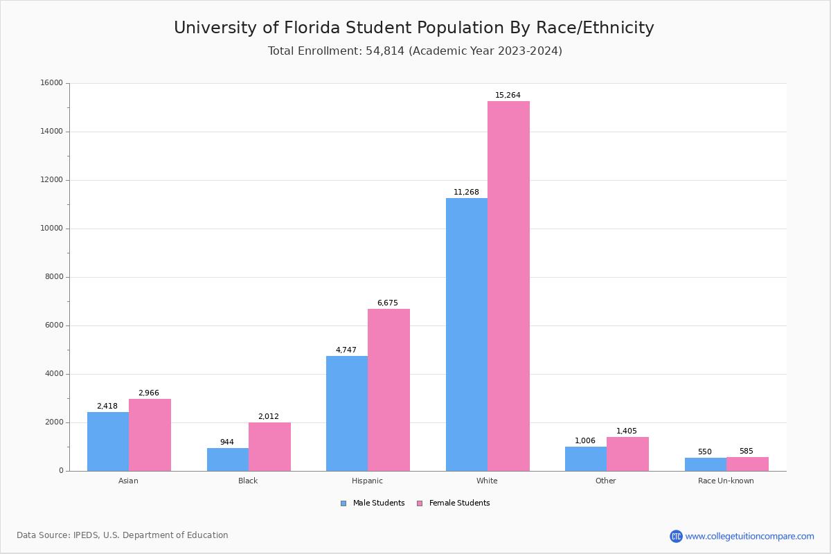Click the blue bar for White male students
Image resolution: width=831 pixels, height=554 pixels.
click(466, 334)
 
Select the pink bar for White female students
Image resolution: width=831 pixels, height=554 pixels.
click(508, 286)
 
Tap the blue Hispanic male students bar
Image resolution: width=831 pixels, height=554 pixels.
click(347, 413)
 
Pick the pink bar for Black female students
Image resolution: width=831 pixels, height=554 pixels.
click(269, 447)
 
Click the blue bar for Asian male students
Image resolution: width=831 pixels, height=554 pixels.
click(108, 441)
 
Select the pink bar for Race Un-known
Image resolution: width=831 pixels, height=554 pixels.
click(747, 464)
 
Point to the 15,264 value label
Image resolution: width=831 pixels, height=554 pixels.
click(508, 96)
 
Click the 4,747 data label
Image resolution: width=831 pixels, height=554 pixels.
click(346, 350)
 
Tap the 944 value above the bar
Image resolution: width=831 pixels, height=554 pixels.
click(227, 443)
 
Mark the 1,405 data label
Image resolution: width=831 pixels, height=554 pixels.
click(627, 431)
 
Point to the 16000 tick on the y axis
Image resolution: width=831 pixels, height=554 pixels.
click(52, 83)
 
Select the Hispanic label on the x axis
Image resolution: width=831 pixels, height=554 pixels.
click(367, 481)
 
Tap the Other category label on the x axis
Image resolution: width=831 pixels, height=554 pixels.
click(605, 481)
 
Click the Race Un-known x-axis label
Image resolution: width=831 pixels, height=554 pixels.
click(726, 481)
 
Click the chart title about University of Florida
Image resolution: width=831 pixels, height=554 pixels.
click(414, 28)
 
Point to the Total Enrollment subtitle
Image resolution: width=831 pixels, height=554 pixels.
click(415, 51)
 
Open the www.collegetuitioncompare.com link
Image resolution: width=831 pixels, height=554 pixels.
click(749, 536)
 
